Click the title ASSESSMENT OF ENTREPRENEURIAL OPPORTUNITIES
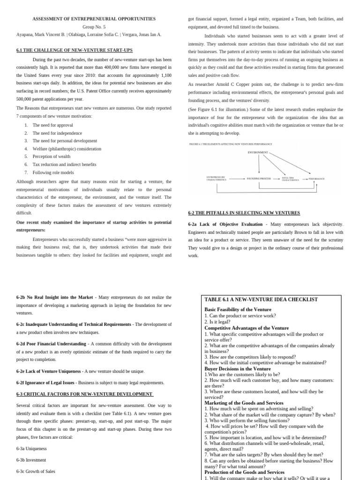(x=94, y=19)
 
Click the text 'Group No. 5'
(x=94, y=27)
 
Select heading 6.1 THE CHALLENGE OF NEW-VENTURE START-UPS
(x=75, y=50)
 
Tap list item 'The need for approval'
(x=52, y=125)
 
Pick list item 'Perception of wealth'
(x=52, y=157)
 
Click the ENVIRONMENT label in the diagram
(x=257, y=152)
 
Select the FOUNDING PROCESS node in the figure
(x=259, y=179)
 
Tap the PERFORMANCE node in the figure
(x=316, y=179)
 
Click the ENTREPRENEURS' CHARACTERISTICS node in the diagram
(x=216, y=179)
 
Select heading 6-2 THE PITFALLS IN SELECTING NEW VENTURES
(x=244, y=213)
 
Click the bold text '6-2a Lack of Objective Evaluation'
(x=225, y=225)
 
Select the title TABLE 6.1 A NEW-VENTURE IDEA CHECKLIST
(x=261, y=300)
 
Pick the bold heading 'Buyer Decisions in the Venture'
(x=238, y=369)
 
